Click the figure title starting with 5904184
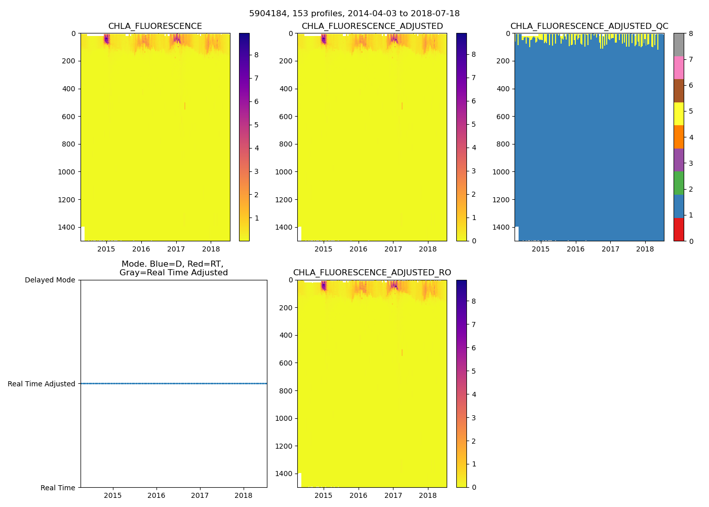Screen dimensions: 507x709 pyautogui.click(x=354, y=14)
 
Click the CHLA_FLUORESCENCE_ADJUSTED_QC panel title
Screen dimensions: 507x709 pyautogui.click(x=589, y=26)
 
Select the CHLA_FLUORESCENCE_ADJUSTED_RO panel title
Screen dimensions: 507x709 pyautogui.click(x=372, y=273)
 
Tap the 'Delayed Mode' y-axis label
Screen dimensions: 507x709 pyautogui.click(x=50, y=280)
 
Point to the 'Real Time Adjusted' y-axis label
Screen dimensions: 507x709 pyautogui.click(x=42, y=384)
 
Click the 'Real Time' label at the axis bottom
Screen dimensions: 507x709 pyautogui.click(x=58, y=488)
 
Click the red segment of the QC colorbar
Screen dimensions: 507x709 pyautogui.click(x=679, y=230)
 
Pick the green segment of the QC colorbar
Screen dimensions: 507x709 pyautogui.click(x=679, y=183)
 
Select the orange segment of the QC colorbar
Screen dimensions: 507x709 pyautogui.click(x=679, y=137)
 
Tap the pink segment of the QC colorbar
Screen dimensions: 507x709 pyautogui.click(x=679, y=68)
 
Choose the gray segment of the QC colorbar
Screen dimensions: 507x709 pyautogui.click(x=679, y=45)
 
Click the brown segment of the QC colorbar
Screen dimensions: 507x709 pyautogui.click(x=679, y=91)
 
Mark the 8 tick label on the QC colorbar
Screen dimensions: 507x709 pyautogui.click(x=691, y=33)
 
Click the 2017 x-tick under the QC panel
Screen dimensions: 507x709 pyautogui.click(x=610, y=249)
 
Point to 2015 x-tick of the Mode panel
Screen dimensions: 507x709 pyautogui.click(x=113, y=495)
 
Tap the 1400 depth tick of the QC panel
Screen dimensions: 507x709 pyautogui.click(x=501, y=227)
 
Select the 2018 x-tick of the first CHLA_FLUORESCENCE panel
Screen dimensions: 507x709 pyautogui.click(x=211, y=249)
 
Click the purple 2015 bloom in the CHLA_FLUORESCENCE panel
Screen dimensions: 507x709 pyautogui.click(x=106, y=40)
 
